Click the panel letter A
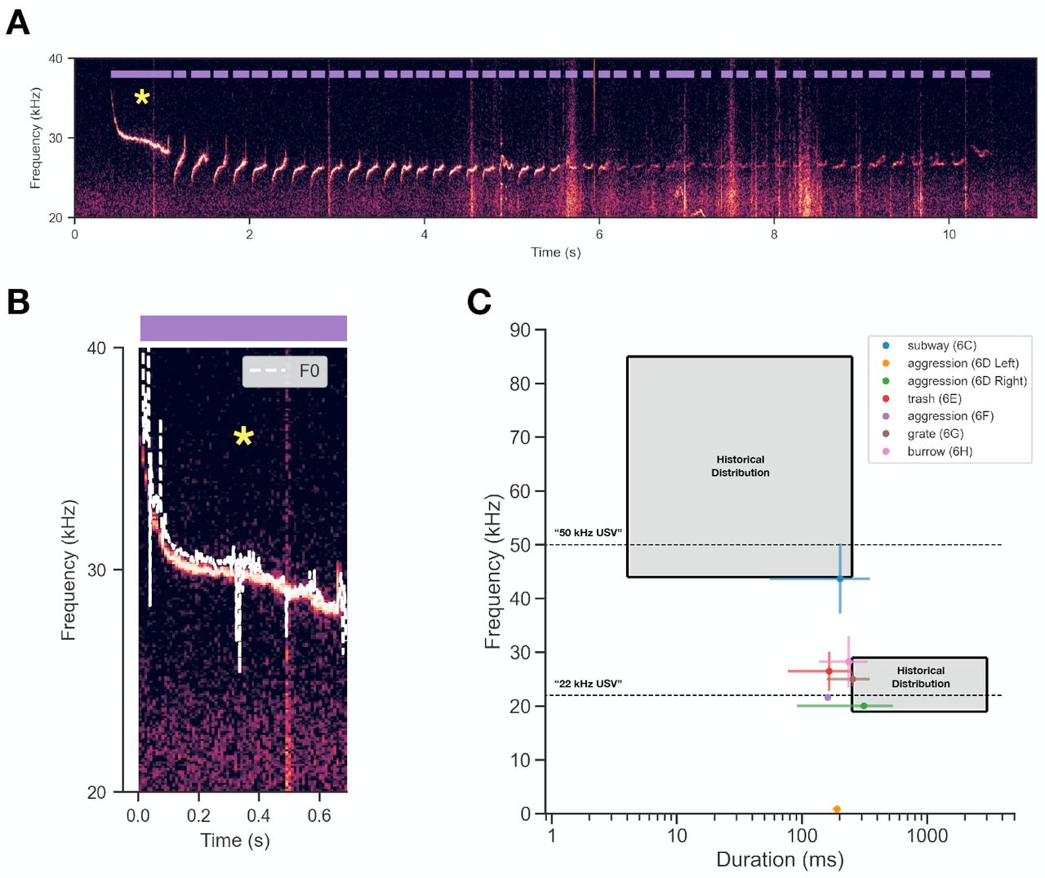point(17,22)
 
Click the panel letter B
point(17,301)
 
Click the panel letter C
point(479,301)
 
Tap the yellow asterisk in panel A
point(142,99)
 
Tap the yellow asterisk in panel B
point(243,437)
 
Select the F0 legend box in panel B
point(285,371)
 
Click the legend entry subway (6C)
point(941,346)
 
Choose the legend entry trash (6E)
point(934,399)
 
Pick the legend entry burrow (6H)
point(940,451)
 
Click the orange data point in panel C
point(837,809)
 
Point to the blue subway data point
point(840,579)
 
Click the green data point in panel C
point(864,706)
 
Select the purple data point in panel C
point(828,697)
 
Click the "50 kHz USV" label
point(588,533)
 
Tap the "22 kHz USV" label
point(588,684)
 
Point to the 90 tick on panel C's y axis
point(520,330)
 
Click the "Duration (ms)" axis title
point(780,859)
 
